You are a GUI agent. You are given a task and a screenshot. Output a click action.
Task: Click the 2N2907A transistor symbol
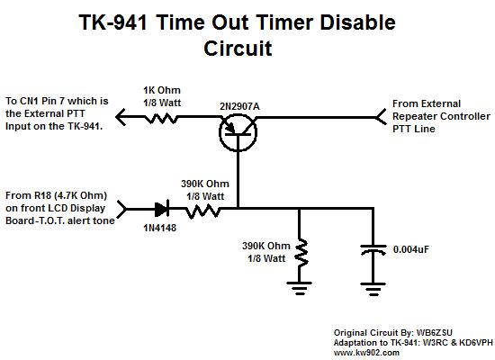[238, 132]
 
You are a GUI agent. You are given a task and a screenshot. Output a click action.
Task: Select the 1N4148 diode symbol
[162, 209]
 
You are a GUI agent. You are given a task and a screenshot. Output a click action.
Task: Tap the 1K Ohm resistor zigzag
[161, 118]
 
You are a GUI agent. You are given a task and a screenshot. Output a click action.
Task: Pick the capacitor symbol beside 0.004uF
[373, 249]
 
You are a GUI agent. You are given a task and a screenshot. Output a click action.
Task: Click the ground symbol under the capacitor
[373, 289]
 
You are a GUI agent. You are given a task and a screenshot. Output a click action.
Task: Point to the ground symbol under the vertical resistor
[300, 288]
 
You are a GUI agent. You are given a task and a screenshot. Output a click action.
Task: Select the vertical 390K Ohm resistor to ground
[301, 254]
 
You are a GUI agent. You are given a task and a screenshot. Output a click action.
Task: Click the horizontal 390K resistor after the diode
[202, 211]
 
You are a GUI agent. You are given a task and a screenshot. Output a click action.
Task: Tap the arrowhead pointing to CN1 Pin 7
[121, 117]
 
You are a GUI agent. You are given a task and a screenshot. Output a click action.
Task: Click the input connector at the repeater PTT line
[380, 117]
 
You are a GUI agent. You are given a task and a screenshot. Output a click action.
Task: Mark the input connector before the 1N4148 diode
[121, 209]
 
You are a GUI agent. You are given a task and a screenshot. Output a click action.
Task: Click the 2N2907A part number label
[239, 106]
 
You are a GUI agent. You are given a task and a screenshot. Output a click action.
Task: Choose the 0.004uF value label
[411, 249]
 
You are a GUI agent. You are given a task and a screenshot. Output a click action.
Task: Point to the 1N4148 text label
[159, 228]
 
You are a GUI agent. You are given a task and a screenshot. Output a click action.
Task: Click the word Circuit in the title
[238, 49]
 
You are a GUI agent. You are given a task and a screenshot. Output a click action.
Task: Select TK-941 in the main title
[112, 22]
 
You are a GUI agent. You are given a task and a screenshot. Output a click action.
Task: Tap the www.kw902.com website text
[366, 353]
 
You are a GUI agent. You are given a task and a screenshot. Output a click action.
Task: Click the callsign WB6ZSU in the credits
[435, 332]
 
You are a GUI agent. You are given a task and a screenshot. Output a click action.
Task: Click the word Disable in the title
[357, 22]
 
